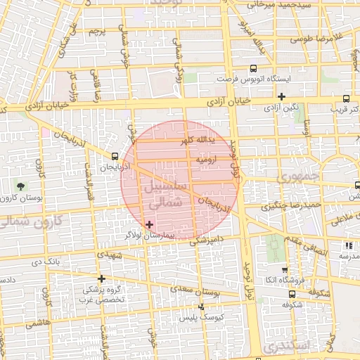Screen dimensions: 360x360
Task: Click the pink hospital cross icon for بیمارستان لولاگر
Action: coord(149,224)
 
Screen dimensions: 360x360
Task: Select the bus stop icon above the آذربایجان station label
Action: coord(115,157)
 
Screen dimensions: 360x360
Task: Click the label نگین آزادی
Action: coord(282,108)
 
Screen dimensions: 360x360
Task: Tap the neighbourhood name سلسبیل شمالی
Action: coord(166,195)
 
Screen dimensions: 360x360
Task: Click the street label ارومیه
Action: coord(207,160)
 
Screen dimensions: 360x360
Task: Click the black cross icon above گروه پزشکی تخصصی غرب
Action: coord(102,279)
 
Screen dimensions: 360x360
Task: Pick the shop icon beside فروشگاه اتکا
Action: coord(284,270)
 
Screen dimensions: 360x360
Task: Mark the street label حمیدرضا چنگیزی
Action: coord(291,206)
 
